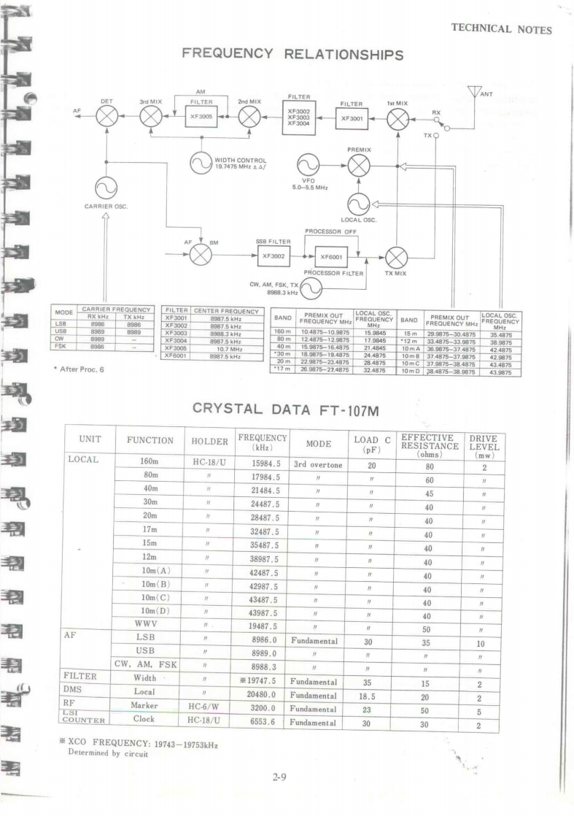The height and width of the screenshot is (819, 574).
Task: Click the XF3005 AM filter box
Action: coord(201,116)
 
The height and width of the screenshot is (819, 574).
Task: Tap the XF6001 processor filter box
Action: coord(331,256)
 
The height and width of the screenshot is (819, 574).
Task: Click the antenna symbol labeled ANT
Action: coord(475,93)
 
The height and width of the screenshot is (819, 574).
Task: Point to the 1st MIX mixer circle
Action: coord(397,117)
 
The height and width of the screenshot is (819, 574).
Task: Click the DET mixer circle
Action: coord(107,116)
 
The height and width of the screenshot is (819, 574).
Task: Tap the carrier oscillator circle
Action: coord(106,188)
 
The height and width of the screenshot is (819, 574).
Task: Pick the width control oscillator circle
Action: coord(200,164)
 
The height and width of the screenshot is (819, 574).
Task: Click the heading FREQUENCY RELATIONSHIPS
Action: coord(292,54)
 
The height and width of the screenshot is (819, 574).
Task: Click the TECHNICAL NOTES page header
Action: coord(501,29)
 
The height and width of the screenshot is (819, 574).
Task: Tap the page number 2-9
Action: coord(279,777)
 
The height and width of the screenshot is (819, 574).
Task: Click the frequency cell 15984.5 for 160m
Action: coord(262,464)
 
